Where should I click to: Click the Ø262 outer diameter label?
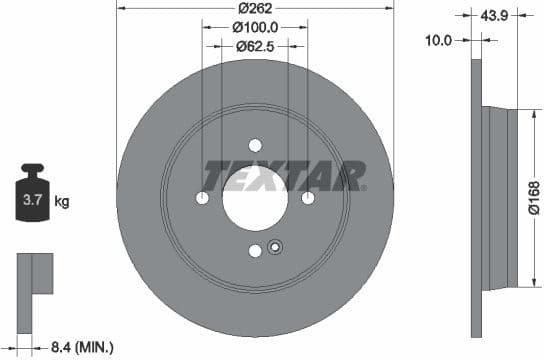254,8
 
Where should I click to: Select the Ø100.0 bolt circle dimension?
254,27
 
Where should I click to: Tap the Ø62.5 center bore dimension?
255,46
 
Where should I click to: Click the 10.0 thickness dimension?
439,40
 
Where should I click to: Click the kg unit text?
62,202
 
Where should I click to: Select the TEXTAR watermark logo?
282,176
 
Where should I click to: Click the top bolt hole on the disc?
255,145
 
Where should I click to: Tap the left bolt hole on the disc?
203,197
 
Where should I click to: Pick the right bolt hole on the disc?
306,197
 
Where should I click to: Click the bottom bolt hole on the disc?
255,249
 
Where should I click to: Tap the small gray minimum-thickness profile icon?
34,274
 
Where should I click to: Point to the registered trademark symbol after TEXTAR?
363,187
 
